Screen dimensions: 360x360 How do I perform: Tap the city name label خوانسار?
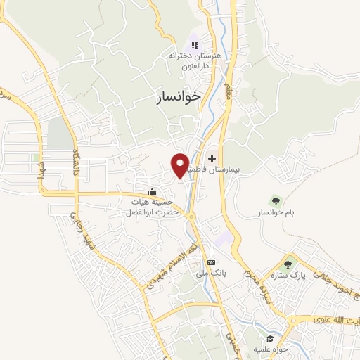coord(179,98)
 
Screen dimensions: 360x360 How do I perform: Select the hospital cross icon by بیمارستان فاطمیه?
coord(212,159)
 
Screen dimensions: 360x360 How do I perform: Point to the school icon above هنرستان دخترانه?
coord(195,45)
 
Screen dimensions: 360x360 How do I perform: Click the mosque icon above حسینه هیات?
coord(152,191)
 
